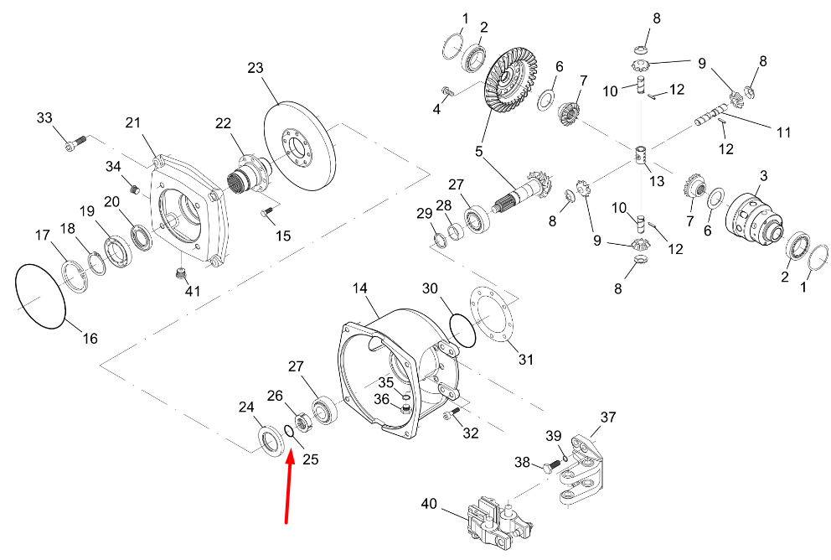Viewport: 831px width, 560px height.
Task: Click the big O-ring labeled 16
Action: point(40,295)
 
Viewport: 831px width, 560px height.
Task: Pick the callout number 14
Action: point(359,288)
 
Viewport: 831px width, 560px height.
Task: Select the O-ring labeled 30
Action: point(461,329)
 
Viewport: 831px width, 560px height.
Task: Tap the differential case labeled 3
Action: point(756,220)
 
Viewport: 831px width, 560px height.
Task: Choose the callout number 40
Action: point(429,505)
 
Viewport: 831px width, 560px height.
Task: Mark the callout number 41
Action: point(194,291)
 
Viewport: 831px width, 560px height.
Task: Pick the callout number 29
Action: point(425,215)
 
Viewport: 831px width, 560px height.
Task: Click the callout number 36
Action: point(381,400)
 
